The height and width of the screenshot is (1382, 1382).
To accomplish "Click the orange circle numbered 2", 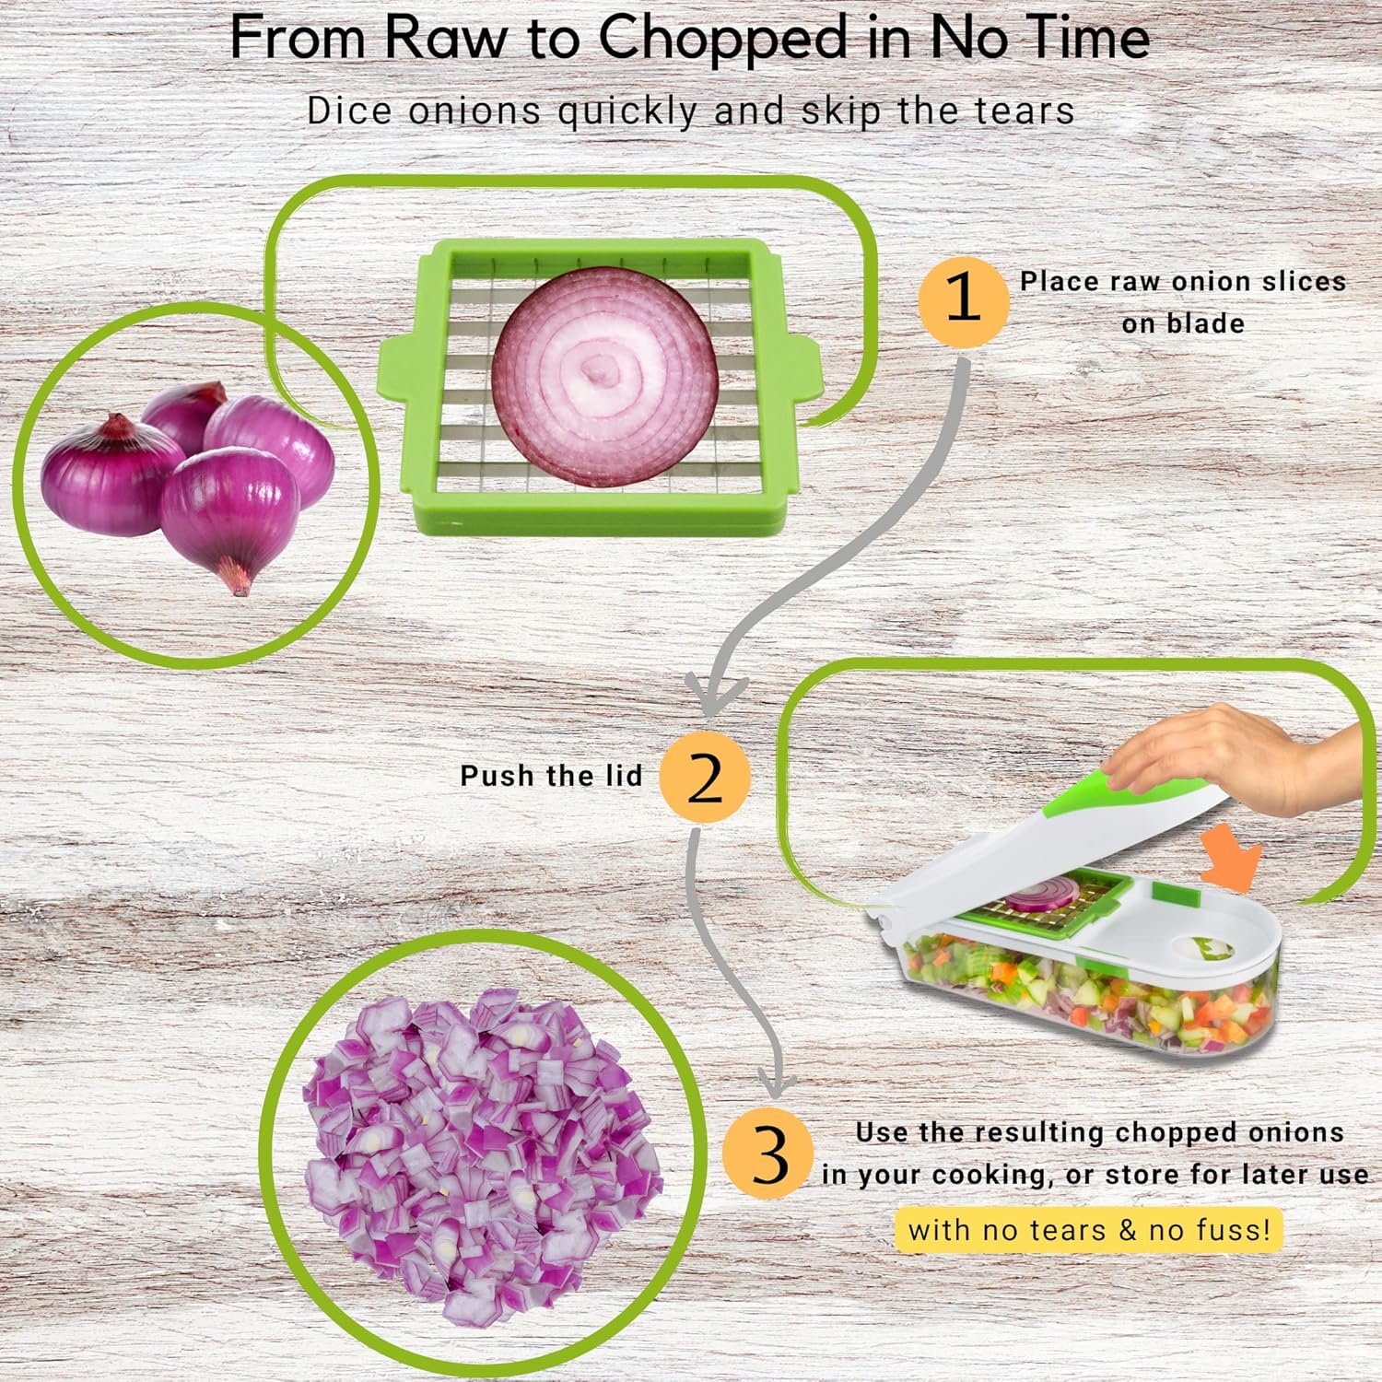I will point(705,777).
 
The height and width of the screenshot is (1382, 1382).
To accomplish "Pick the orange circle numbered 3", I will point(767,1154).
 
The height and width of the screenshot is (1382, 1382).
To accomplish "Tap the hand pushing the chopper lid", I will point(1225,755).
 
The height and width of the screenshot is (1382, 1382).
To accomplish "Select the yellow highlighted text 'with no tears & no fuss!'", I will point(1088,1230).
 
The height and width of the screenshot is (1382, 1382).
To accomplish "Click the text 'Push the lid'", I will point(551,776).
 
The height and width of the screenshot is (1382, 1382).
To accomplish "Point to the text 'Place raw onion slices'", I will point(1182,281).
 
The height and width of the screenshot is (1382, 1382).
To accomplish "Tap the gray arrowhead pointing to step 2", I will point(714,696).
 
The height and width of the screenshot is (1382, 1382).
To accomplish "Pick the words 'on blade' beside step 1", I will point(1182,323).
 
